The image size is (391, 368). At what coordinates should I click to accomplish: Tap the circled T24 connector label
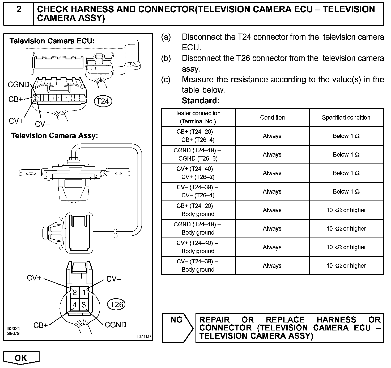tap(103, 101)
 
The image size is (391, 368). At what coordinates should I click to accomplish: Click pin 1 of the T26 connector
tap(84, 293)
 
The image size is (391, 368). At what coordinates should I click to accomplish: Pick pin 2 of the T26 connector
tap(75, 293)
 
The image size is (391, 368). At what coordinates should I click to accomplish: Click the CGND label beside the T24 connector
tap(18, 85)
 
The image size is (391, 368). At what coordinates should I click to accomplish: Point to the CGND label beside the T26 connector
tap(116, 325)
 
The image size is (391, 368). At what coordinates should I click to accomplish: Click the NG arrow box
tap(177, 328)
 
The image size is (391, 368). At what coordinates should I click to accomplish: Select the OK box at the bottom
tap(21, 358)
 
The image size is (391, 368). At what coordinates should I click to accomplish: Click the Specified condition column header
tap(346, 117)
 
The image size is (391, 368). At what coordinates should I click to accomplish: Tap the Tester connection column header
tap(198, 117)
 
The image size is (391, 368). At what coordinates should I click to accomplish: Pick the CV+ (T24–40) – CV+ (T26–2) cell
tap(198, 173)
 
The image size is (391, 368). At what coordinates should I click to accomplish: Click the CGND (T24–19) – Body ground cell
tap(198, 228)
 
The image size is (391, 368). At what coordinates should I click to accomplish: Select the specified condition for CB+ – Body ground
tap(346, 210)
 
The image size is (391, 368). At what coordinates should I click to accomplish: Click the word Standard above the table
tap(201, 101)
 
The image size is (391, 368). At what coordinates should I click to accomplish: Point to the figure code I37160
tap(144, 337)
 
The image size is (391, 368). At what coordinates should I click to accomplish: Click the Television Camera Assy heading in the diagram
tap(54, 136)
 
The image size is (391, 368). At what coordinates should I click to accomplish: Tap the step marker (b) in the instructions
tap(166, 58)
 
